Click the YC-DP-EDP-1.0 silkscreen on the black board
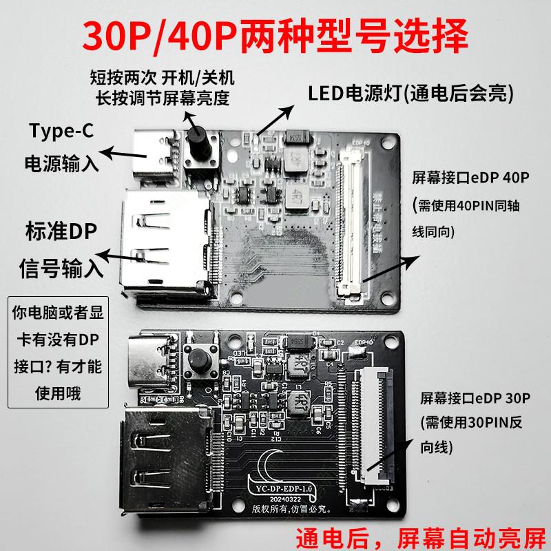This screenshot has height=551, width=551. (280, 490)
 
